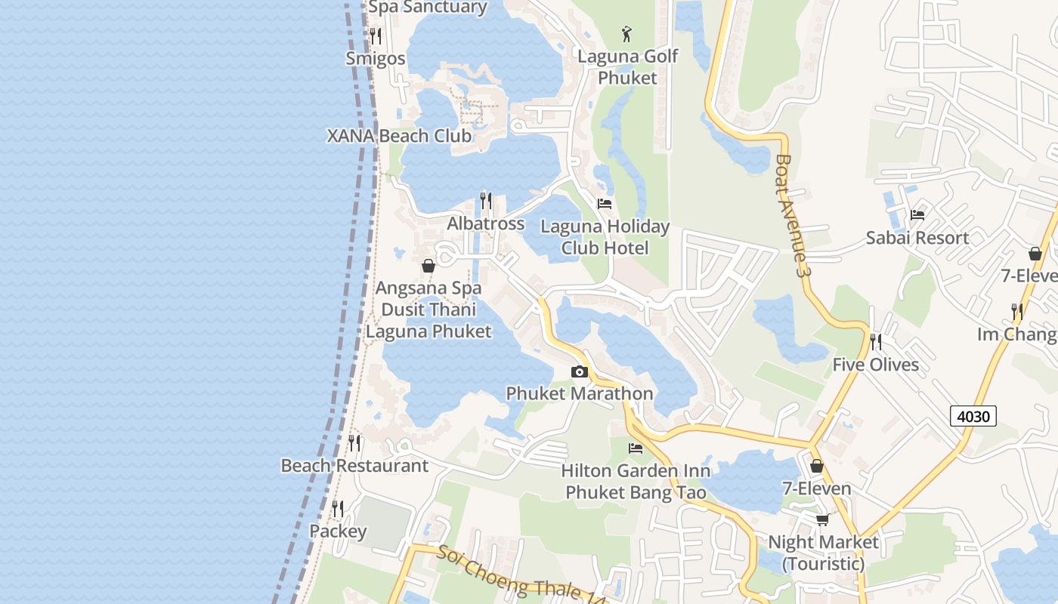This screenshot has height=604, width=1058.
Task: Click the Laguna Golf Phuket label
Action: click(x=627, y=66)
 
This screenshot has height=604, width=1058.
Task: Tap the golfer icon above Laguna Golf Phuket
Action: click(x=626, y=33)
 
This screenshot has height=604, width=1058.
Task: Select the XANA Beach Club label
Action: click(x=399, y=136)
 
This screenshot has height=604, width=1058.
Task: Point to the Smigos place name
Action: click(x=376, y=58)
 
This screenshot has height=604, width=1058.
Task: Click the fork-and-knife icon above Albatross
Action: click(x=486, y=201)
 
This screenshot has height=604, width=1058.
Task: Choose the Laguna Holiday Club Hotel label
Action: click(x=605, y=236)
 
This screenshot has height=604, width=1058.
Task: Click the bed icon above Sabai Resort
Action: click(x=917, y=214)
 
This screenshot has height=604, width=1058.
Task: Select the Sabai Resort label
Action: click(x=917, y=238)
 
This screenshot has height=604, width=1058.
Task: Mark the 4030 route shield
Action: click(x=973, y=415)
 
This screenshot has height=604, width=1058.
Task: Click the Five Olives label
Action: click(x=876, y=365)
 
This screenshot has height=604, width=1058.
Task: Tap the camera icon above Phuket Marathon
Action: click(x=580, y=371)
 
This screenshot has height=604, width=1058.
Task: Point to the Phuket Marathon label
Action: click(x=580, y=393)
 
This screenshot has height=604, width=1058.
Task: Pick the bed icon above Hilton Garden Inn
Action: click(x=636, y=448)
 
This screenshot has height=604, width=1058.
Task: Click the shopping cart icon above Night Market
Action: click(x=823, y=519)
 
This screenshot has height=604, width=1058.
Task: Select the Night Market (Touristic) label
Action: click(x=823, y=553)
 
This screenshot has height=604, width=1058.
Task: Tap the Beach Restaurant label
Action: click(x=354, y=466)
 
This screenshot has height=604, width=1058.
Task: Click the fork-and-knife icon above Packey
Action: click(x=338, y=509)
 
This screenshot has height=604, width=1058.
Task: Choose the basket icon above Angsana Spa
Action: click(x=428, y=266)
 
